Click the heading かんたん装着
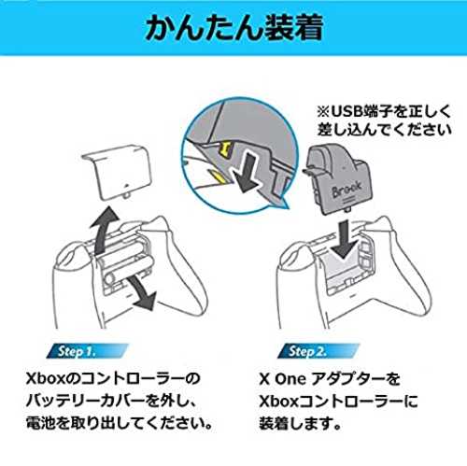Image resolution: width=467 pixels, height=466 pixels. pos(233,28)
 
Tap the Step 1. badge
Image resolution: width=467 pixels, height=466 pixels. pos(87,351)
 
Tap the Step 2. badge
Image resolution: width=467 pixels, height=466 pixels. pos(318,351)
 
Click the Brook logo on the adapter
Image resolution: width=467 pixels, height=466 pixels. pos(347,189)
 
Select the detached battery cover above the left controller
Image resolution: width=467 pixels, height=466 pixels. pos(117,172)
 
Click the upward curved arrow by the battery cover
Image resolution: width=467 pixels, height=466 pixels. pos(104,230)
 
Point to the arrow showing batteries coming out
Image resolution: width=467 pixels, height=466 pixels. pos(142,292)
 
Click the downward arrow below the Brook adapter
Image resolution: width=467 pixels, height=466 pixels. pos(344,239)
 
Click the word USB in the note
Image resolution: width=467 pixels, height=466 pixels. pos(346,112)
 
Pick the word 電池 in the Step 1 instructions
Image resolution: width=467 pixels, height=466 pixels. pos(36,423)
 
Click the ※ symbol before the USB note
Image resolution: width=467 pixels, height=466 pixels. pos(323,112)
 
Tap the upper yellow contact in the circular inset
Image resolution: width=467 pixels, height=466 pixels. pos(226,148)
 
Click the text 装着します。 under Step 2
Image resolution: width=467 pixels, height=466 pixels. pos(300,423)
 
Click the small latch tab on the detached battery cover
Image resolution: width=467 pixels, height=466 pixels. pos(127,196)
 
